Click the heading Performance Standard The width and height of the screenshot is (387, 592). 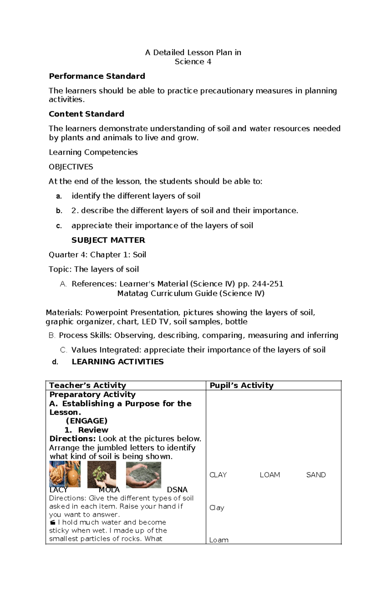pos(97,76)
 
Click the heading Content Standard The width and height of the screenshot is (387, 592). pos(86,114)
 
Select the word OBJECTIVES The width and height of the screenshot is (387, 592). pos(71,167)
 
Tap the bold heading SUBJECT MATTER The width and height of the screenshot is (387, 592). pos(108,240)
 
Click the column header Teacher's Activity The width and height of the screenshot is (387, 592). pos(87,385)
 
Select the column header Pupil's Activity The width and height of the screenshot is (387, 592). pos(241,385)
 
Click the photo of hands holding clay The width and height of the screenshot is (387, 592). pos(64,474)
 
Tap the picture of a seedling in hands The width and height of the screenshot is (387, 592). pos(102,474)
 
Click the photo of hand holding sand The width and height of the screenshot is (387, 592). pos(143,475)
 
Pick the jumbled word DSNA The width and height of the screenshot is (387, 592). pos(177,489)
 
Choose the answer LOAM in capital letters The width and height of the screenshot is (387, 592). pos(270,475)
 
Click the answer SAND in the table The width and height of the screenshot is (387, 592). pos(316,475)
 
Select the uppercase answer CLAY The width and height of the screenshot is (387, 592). pos(218,475)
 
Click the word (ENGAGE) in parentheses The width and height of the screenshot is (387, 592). pos(86,421)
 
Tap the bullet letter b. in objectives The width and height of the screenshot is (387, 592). pos(59,211)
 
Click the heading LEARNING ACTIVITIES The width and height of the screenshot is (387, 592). pos(117,362)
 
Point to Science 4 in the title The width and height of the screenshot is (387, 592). pos(193,62)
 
